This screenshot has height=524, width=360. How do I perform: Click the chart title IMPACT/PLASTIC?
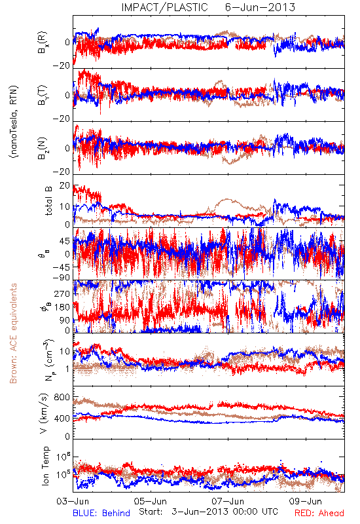(165, 7)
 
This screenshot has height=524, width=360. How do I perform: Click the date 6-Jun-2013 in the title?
(260, 7)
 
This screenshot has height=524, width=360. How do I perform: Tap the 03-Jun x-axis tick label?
(73, 501)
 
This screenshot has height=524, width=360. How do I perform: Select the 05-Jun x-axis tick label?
(151, 501)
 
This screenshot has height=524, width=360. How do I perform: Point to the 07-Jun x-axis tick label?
(228, 501)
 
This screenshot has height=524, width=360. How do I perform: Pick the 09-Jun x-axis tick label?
(305, 501)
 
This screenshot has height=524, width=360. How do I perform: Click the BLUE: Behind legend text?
(101, 513)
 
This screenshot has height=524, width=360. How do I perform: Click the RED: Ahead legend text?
(319, 513)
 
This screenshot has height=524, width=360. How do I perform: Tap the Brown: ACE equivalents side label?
(13, 333)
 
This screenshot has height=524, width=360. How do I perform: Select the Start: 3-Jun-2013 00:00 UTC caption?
(208, 512)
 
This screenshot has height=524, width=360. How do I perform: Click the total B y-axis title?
(48, 201)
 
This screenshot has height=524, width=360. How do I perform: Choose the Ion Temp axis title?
(45, 466)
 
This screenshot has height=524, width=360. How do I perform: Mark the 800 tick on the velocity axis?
(63, 398)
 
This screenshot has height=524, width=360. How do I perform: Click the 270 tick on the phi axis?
(63, 294)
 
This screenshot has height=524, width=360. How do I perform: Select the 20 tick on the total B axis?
(65, 186)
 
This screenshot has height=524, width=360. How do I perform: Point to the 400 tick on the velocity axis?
(63, 419)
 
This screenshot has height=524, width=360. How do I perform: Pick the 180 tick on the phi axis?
(63, 307)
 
